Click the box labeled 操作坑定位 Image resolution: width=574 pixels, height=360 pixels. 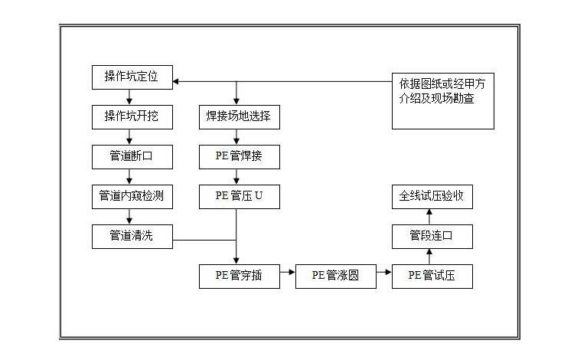coord(132,77)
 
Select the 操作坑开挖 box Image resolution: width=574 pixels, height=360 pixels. coord(132,117)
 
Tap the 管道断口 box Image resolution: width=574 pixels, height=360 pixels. coord(132,157)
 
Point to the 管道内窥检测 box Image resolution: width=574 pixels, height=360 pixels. coord(132,196)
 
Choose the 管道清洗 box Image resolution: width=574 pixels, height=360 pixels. coord(132,236)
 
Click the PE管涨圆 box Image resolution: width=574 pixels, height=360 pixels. coord(336,276)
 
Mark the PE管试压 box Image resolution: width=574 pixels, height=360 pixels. coord(432,276)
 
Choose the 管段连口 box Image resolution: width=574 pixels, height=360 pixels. coord(432,236)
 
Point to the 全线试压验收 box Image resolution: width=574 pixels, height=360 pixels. coord(432,196)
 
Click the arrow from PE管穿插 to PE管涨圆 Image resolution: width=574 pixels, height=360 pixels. coord(286,271)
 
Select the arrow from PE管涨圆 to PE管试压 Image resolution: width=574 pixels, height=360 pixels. coord(384,271)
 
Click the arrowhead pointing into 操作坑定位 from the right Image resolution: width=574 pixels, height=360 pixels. coord(178,80)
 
